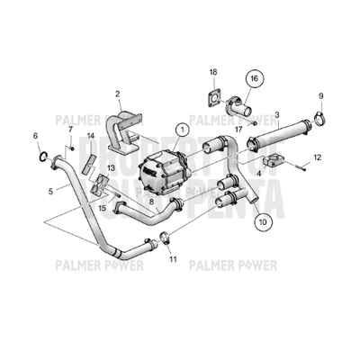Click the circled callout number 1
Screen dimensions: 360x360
183,130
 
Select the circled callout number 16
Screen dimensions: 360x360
255,79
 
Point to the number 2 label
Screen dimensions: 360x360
118,93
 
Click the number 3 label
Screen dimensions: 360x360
278,115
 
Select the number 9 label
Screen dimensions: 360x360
320,96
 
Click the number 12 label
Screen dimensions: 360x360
317,157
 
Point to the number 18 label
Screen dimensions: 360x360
213,71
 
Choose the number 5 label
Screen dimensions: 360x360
50,191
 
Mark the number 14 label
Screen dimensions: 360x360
89,136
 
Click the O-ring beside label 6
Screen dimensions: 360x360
42,158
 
